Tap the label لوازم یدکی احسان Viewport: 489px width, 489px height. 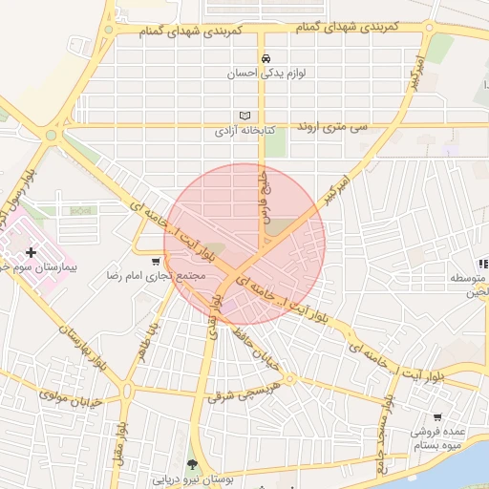266,73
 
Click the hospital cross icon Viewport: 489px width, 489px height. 32,252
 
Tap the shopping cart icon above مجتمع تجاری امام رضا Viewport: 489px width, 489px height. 156,261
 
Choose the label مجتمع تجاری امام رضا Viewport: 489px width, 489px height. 157,276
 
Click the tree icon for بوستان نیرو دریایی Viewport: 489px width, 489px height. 194,464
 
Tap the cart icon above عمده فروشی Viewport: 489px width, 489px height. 436,417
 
